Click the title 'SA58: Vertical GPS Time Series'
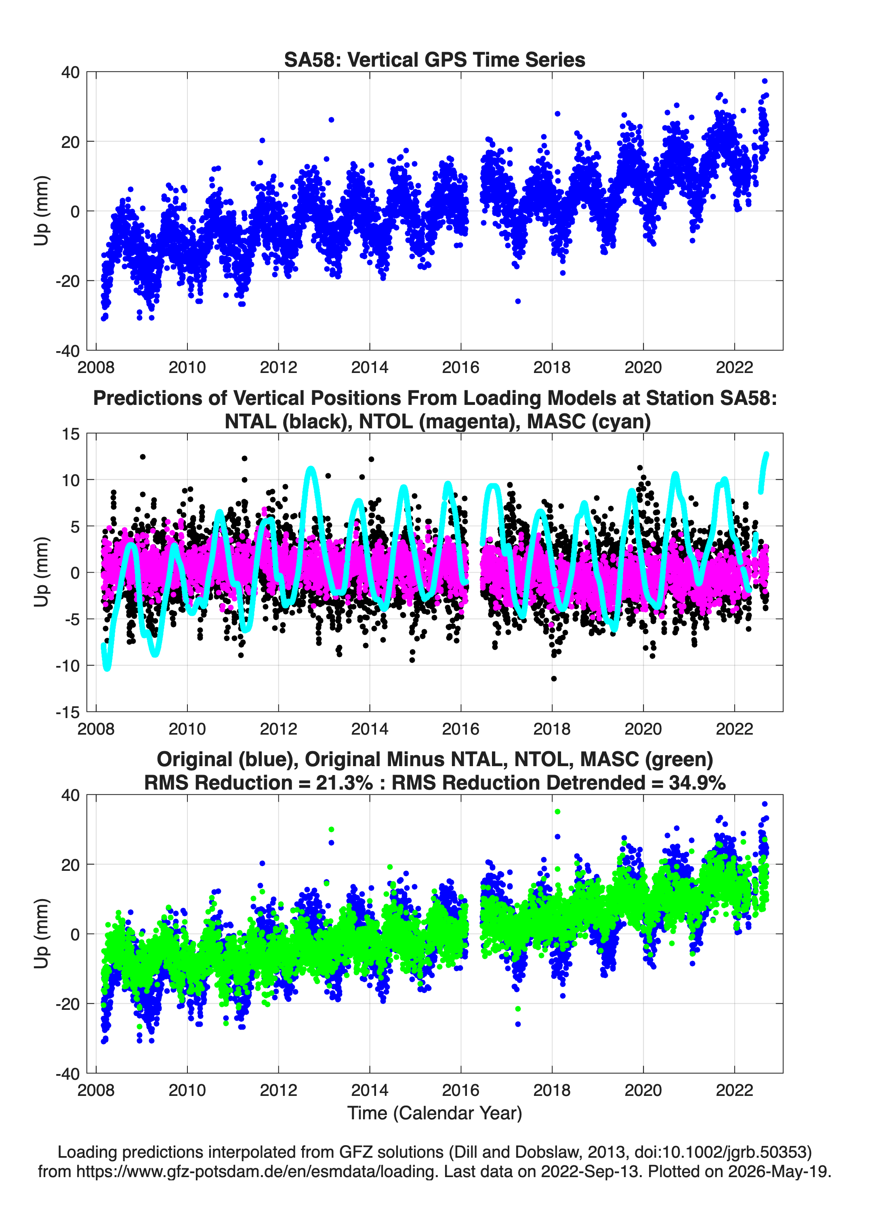(435, 59)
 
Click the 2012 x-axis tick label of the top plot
(278, 367)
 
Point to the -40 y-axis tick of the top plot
(67, 351)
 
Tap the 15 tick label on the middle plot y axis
(71, 434)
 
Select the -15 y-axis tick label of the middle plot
(67, 712)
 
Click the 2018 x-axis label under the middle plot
(552, 729)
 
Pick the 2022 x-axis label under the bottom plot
(735, 1090)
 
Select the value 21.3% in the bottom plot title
(344, 783)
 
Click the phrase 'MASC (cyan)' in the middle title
(589, 421)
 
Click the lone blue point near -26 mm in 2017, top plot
(518, 301)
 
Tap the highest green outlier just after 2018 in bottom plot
(557, 811)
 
